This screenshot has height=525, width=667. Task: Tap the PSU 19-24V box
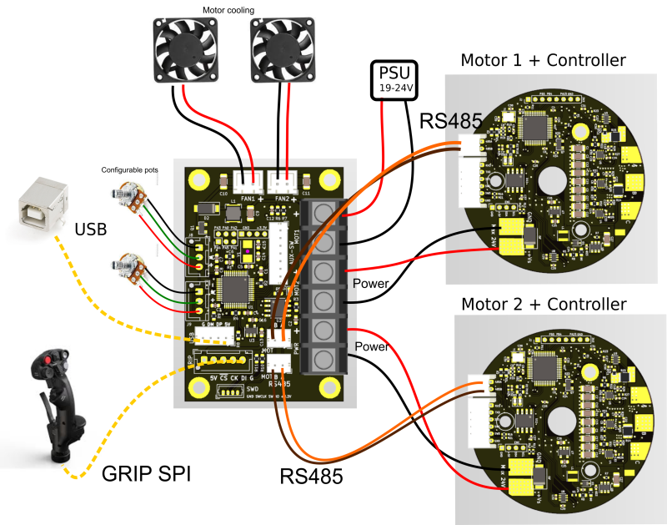tap(396, 79)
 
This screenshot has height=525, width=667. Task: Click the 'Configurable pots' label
tap(129, 169)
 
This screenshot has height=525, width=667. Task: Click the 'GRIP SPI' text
tap(146, 474)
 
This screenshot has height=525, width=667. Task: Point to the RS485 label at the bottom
tap(311, 477)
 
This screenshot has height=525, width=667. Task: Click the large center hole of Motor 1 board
tap(551, 182)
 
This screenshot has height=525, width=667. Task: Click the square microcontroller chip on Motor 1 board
tap(534, 127)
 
